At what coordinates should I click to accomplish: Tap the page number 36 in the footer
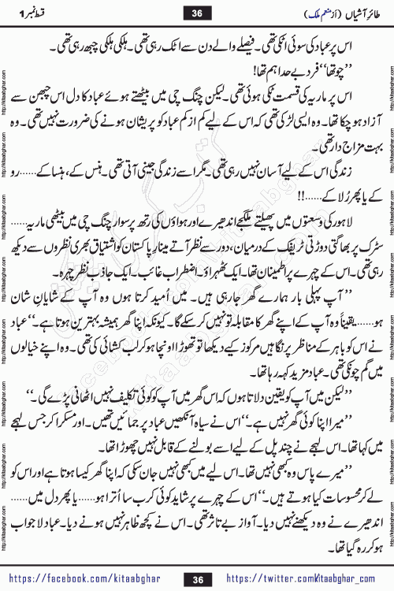point(196,580)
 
